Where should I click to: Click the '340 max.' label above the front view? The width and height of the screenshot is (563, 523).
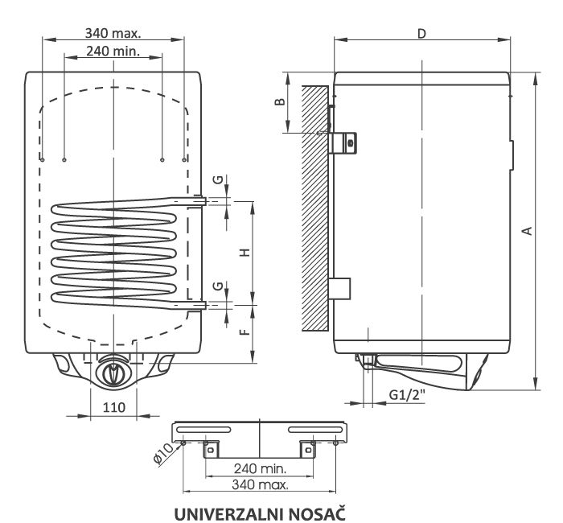coord(113,33)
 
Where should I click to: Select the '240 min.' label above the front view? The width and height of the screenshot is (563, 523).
coord(113,51)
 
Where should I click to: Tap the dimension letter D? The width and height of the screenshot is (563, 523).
coord(422,34)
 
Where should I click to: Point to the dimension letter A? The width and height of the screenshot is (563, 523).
coord(527,230)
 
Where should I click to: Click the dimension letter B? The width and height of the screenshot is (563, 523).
coord(280,101)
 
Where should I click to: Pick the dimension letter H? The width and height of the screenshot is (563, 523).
coord(245,253)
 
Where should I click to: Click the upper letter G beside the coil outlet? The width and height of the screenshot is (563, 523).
coord(218,179)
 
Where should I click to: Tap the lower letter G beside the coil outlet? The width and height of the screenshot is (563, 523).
coord(218,286)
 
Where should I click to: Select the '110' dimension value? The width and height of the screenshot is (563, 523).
coord(114,407)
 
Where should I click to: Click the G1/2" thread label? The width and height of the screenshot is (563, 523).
coord(407,395)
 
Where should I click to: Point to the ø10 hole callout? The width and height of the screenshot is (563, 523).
coord(163,454)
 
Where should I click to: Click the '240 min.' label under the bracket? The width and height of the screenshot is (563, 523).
coord(261,468)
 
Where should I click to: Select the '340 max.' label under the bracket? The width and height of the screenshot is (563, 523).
coord(260,484)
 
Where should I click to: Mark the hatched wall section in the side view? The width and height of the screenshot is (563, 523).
coord(315,208)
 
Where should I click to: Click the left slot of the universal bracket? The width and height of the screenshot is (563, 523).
coord(203,430)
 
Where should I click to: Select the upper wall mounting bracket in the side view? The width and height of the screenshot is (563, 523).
coord(343,142)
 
